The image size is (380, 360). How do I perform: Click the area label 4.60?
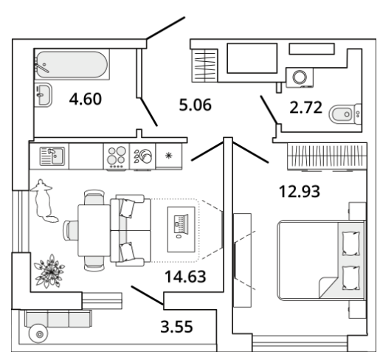[x=85, y=99]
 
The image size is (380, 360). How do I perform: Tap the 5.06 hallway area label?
[x=195, y=105]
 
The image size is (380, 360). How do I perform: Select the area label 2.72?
[x=305, y=108]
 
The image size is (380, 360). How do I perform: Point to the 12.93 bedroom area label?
[x=300, y=191]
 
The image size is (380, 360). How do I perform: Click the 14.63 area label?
[x=185, y=277]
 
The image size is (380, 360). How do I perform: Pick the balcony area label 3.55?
[x=176, y=327]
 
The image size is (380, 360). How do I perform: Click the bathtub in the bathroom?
[x=72, y=64]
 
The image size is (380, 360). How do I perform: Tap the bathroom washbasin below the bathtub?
[x=44, y=95]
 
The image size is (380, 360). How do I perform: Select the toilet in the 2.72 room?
[x=345, y=114]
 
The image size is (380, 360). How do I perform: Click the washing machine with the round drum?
[x=300, y=77]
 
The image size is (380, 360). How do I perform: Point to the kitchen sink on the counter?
[x=52, y=156]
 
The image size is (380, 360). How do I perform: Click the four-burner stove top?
[x=116, y=156]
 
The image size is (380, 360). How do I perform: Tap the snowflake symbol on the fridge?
[x=168, y=156]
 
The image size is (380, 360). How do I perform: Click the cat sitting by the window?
[x=44, y=201]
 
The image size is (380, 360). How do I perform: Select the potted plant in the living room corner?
[x=49, y=271]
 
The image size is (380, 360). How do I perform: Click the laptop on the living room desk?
[x=182, y=225]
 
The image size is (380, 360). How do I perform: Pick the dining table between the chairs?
[x=94, y=231]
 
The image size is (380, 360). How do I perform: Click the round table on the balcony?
[x=38, y=334]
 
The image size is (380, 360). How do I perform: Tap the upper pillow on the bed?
[x=350, y=243]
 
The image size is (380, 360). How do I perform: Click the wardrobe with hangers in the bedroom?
[x=327, y=156]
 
